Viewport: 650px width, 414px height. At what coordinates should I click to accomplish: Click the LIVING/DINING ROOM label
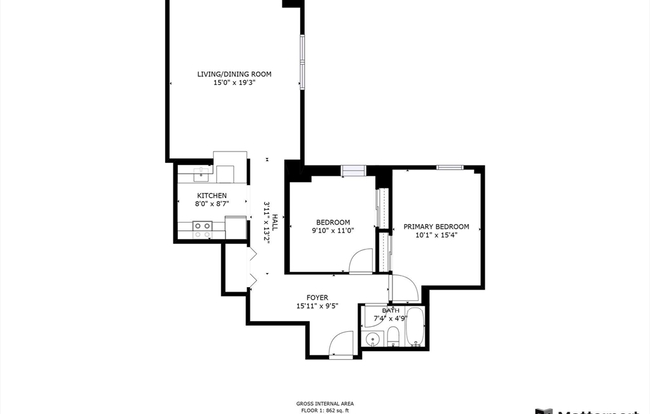click(x=233, y=74)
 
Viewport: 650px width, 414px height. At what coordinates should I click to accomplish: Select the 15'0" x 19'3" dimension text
click(x=233, y=83)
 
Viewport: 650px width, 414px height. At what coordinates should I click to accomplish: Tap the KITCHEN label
click(x=211, y=195)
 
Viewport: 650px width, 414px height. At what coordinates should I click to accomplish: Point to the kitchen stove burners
click(x=202, y=227)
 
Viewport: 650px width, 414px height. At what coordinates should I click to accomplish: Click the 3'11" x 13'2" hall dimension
click(x=266, y=223)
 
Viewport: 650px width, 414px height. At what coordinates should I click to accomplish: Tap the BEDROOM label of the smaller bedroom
click(x=333, y=222)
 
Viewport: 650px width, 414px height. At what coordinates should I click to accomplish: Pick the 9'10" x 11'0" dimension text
click(x=333, y=231)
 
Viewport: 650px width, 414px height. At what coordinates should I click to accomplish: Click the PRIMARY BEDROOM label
click(x=436, y=227)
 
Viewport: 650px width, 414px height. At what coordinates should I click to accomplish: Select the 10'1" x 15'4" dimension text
click(x=436, y=236)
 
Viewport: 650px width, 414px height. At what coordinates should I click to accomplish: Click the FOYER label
click(x=317, y=297)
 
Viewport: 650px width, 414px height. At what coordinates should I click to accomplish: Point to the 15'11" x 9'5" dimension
click(x=317, y=306)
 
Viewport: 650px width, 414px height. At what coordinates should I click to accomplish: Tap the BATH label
click(x=390, y=310)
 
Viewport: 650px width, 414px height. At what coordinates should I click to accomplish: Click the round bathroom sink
click(x=372, y=340)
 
